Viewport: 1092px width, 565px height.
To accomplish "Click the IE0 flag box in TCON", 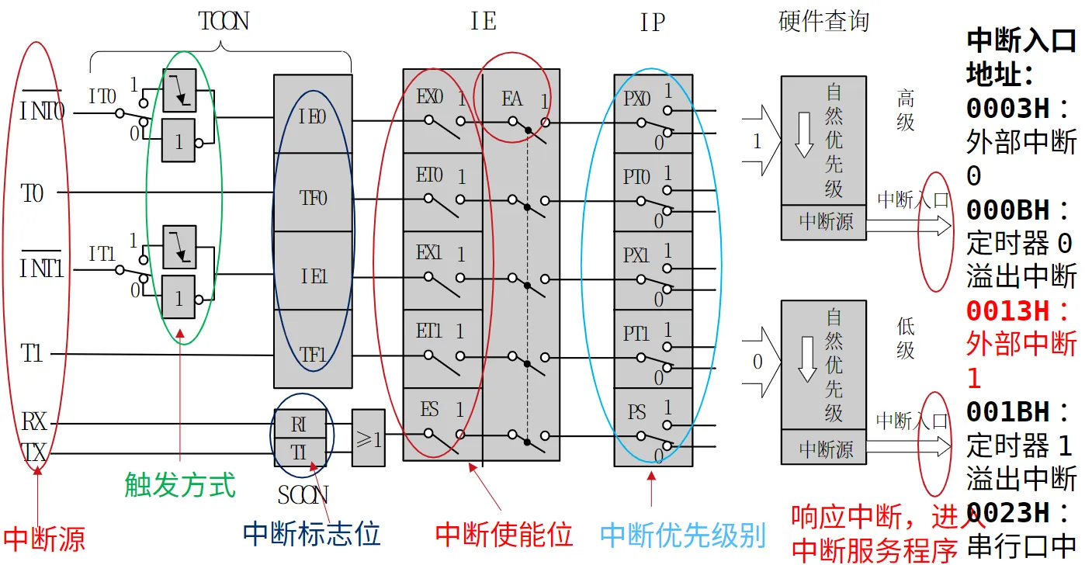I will pos(313,116).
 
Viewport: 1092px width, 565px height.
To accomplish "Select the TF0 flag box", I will pos(313,198).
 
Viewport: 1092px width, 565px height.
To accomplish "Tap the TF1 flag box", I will pos(313,355).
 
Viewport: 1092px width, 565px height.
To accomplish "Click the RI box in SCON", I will pos(300,424).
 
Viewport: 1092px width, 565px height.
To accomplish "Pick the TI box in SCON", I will pos(300,452).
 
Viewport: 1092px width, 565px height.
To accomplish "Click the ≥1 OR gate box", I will pos(369,438).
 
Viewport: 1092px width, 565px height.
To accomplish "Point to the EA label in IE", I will pos(512,99).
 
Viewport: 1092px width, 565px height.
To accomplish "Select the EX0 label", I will pos(429,98).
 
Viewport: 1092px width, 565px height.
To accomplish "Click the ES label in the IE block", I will pos(429,409).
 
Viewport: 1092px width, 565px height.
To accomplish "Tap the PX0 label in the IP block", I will pos(637,99).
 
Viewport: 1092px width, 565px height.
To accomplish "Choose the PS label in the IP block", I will pos(637,411).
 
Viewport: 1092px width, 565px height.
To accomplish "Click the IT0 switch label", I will pos(102,97).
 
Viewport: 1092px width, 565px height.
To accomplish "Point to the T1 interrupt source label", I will pos(32,355).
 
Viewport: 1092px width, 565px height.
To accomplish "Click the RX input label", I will pos(33,423).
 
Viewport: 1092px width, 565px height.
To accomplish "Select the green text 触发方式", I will pos(179,485).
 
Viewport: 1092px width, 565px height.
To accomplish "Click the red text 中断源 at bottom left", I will pos(43,539).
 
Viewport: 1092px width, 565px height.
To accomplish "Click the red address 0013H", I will pos(1017,311).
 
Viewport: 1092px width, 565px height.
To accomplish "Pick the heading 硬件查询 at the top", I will pos(823,22).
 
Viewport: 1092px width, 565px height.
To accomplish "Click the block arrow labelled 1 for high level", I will pos(758,142).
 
